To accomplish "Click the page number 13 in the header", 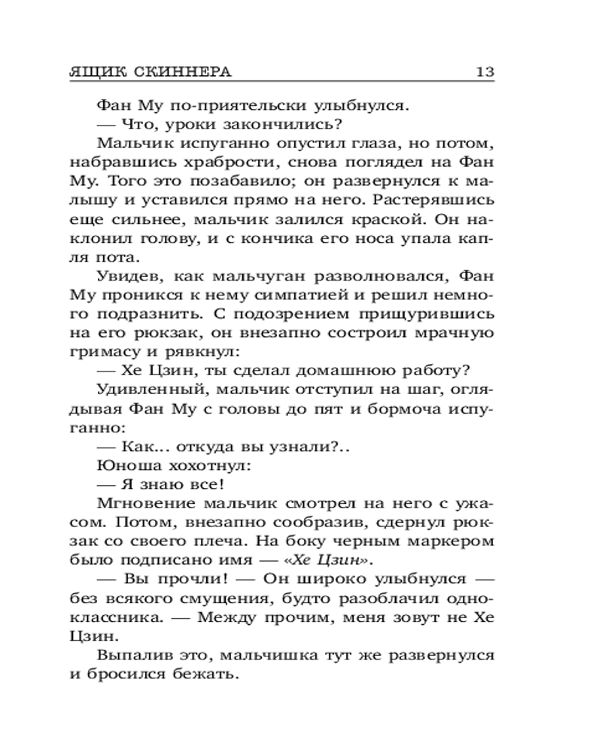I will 484,73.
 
